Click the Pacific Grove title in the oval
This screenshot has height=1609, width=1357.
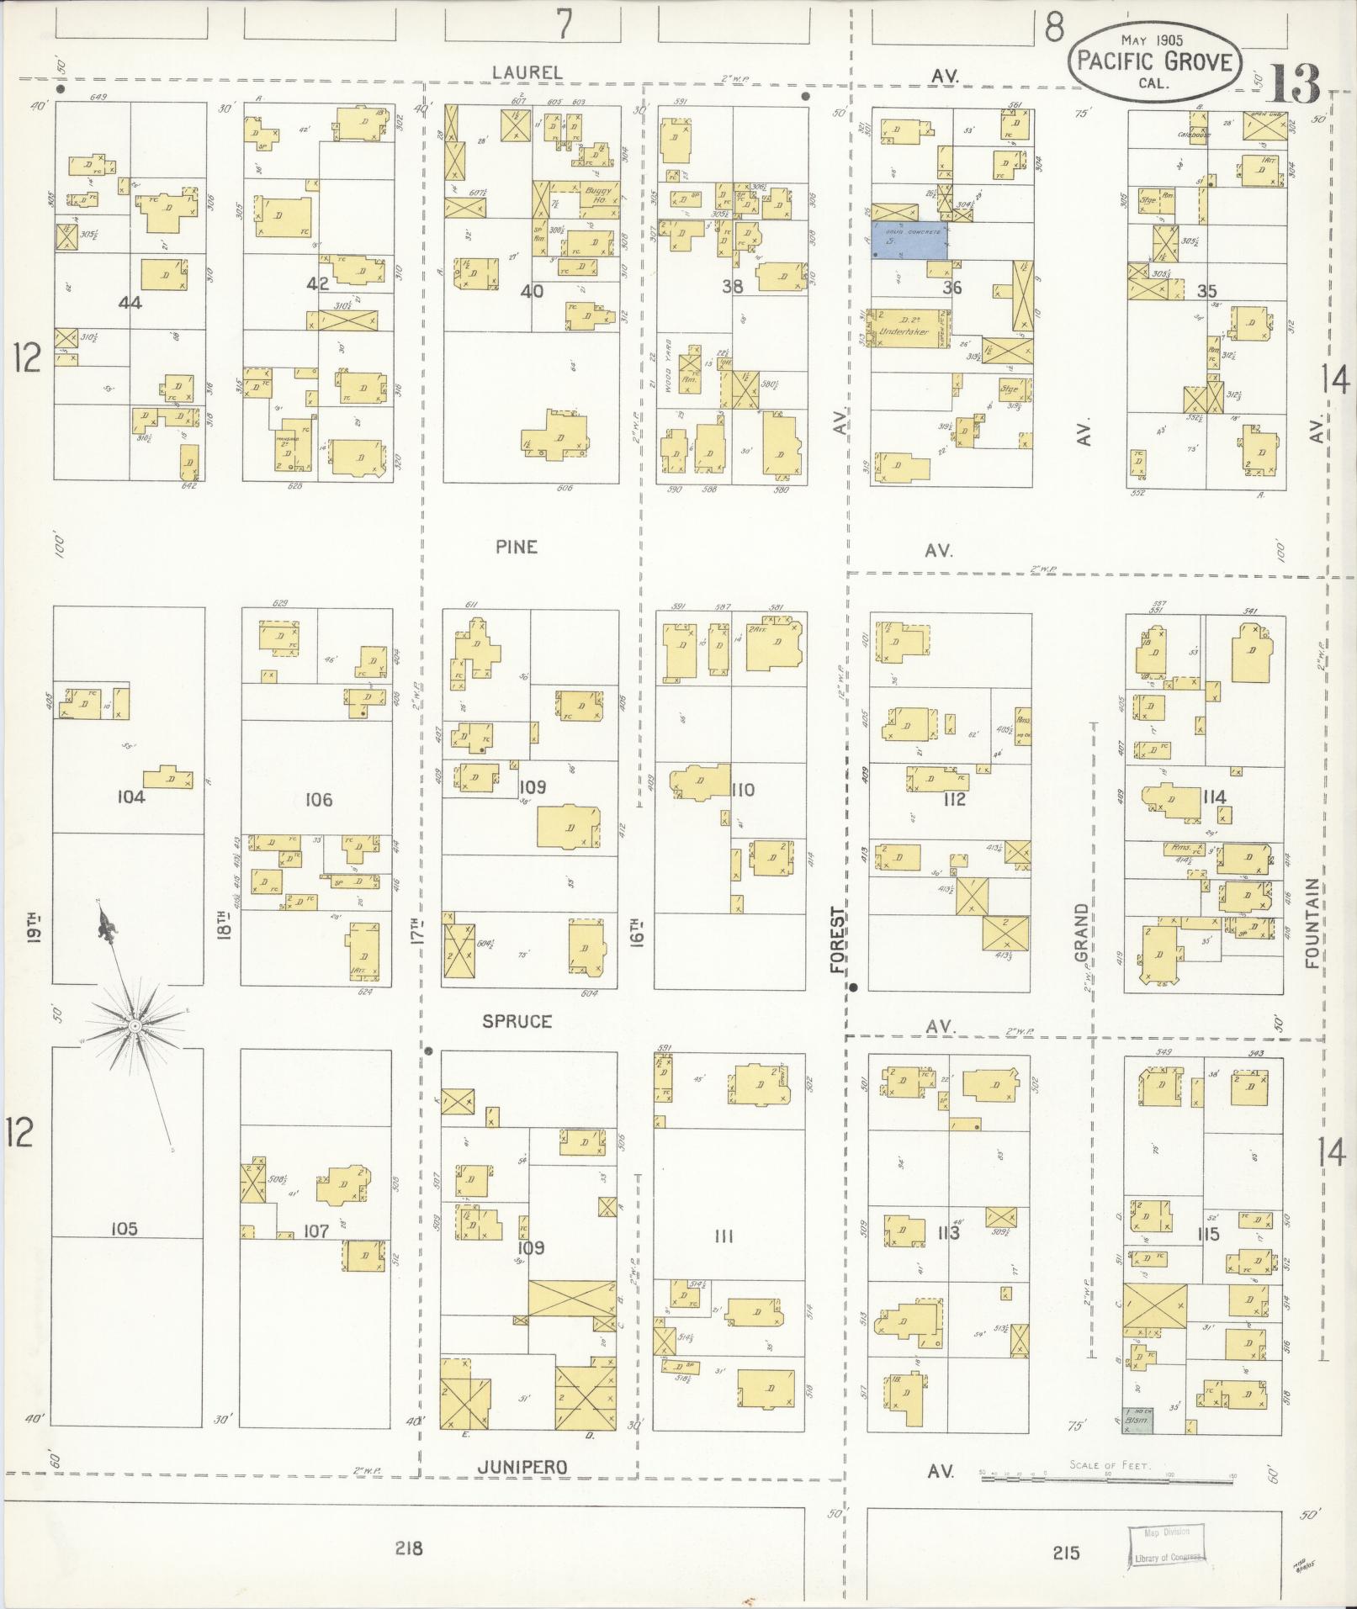1154,61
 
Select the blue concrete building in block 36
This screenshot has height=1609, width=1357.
909,241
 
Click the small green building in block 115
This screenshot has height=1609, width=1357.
1140,1421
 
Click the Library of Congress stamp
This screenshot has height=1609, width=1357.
1166,1545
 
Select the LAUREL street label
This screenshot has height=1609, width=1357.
527,73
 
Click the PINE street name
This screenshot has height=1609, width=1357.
517,547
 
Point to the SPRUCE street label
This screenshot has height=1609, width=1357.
517,1021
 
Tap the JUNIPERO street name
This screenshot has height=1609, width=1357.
522,1467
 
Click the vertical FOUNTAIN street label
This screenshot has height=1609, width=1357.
1313,923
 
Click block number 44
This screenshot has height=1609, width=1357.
130,302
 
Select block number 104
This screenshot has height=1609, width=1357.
131,797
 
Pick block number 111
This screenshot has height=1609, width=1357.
724,1236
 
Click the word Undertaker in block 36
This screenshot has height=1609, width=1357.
904,331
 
